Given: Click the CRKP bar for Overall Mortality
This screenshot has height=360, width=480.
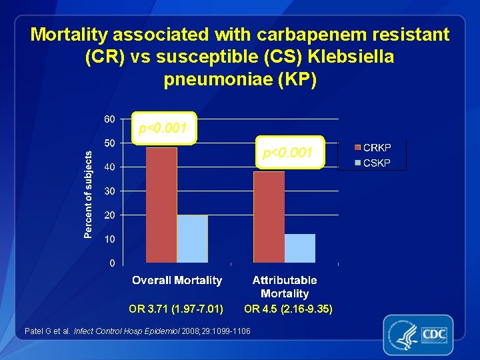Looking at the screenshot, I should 161,205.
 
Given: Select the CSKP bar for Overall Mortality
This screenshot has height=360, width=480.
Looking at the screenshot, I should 192,239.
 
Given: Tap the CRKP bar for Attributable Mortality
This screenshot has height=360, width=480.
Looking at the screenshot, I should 269,217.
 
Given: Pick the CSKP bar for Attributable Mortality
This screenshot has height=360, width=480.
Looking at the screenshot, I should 300,248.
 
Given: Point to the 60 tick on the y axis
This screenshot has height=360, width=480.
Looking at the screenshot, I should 109,119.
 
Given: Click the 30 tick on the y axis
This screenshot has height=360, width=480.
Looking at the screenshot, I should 109,191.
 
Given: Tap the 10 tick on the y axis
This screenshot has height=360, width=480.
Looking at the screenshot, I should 109,239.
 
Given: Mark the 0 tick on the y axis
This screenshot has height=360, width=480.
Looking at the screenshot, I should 112,263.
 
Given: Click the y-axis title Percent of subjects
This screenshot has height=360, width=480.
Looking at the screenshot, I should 88,193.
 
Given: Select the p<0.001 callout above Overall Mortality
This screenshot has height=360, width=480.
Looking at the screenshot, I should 163,128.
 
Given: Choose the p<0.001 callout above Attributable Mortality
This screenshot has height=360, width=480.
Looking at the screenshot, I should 287,153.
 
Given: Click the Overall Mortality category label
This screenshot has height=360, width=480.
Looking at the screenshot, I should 177,281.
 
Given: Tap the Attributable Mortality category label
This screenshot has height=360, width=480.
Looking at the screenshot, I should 285,287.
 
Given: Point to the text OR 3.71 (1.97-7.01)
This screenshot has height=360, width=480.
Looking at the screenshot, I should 176,309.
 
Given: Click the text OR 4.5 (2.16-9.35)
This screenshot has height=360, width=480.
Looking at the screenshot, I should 288,309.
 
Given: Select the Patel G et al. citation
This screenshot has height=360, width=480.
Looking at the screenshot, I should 137,331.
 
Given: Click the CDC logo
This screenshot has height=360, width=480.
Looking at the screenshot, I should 418,333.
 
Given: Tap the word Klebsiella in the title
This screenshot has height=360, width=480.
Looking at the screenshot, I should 345,57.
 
